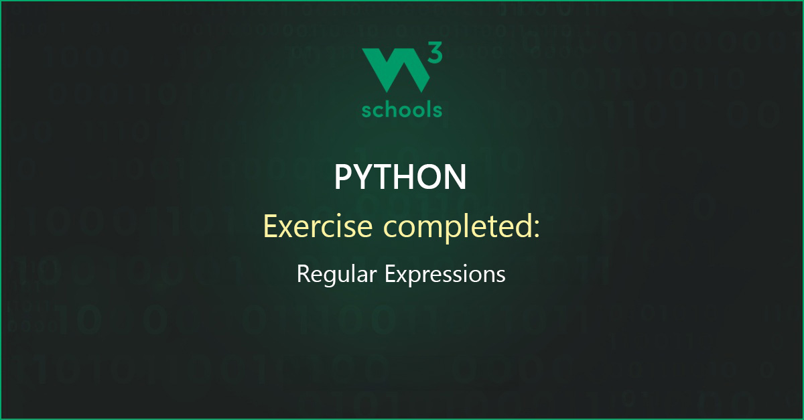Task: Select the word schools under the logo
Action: click(401, 109)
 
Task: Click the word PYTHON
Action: click(401, 178)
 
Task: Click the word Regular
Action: click(336, 274)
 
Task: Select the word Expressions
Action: click(445, 274)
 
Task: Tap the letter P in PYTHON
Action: click(342, 178)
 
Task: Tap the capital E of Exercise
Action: click(271, 226)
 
